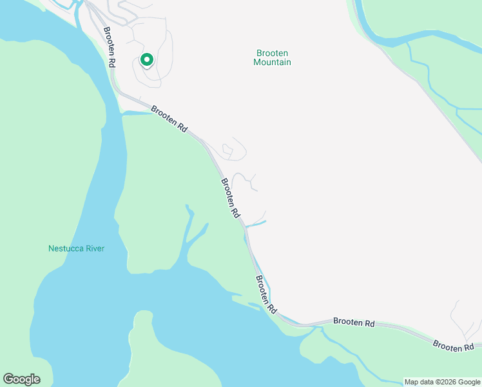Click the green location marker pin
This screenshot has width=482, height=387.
[146, 60]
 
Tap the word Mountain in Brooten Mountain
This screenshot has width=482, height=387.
[272, 63]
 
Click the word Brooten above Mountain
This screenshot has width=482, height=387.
[272, 54]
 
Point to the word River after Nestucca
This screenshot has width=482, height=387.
[95, 248]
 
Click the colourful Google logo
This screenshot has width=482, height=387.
[21, 379]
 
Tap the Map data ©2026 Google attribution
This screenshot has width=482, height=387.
[442, 382]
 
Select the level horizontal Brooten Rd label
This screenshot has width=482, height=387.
[354, 322]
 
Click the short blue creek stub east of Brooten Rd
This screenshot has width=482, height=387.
[257, 224]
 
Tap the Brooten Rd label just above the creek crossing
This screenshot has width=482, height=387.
[231, 197]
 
